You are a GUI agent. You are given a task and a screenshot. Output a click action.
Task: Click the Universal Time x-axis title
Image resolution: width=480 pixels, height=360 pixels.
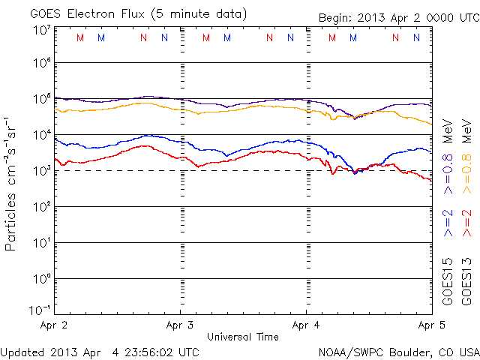242,337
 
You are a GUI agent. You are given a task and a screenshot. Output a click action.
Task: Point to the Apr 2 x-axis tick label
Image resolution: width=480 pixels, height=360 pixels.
53,326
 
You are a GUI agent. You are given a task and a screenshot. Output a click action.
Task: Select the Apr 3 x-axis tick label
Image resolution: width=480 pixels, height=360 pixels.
180,326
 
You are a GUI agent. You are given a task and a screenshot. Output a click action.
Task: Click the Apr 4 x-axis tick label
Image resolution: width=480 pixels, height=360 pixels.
307,326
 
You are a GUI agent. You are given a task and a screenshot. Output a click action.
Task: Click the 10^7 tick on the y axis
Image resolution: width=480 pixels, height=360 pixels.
41,30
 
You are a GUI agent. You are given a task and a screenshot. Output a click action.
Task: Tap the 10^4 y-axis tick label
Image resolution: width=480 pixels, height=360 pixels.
41,135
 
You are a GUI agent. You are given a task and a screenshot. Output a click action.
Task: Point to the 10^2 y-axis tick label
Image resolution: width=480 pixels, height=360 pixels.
41,207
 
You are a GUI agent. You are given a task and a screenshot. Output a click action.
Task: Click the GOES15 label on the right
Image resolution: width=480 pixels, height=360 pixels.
448,281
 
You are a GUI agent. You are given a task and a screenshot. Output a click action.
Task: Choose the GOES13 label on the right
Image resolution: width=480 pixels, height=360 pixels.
466,281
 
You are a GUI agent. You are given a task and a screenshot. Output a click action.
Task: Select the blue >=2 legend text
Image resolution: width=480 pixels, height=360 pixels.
448,223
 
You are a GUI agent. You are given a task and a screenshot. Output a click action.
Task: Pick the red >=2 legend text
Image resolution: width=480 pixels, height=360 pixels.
466,223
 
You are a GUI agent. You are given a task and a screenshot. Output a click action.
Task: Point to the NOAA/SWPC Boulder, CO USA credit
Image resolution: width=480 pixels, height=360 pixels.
397,351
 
